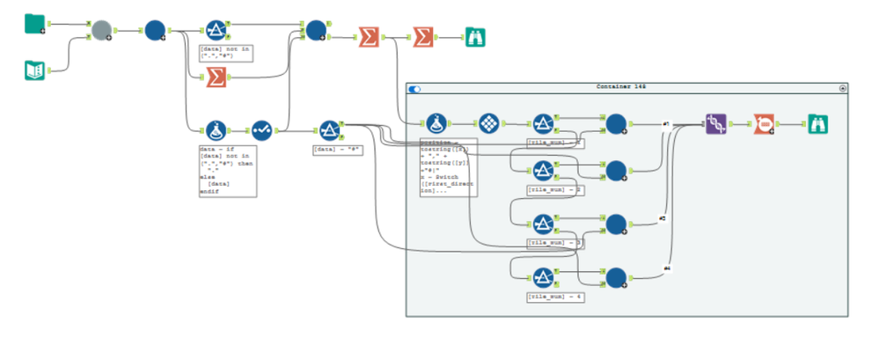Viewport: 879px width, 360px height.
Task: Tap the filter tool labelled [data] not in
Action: [216, 30]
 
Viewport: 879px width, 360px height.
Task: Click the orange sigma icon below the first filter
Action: [216, 78]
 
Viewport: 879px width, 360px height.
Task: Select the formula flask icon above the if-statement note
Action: [216, 130]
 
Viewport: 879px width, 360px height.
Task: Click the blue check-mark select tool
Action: [262, 130]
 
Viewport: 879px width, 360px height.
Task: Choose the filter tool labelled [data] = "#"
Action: [329, 130]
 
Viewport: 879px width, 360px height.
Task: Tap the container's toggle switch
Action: [415, 88]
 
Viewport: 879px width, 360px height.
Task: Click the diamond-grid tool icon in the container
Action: [489, 124]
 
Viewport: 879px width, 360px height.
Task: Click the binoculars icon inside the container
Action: [819, 124]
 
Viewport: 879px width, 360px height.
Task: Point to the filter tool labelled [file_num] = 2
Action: [544, 171]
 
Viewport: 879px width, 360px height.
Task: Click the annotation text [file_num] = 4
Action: [556, 298]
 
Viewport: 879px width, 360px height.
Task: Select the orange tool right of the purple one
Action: [764, 124]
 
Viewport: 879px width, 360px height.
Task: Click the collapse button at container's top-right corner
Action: [843, 88]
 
